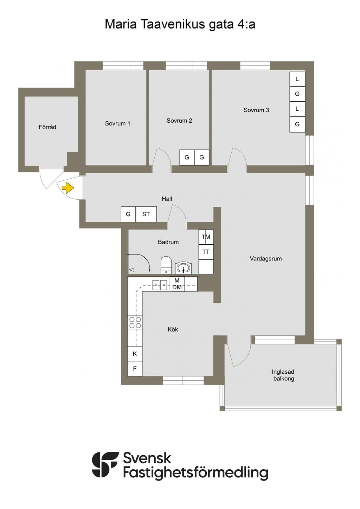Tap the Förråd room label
(x=47, y=127)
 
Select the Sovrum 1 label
(x=117, y=123)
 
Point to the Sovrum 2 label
(x=179, y=121)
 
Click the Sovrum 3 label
(x=256, y=110)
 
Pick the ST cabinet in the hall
(x=146, y=214)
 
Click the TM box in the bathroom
(x=206, y=237)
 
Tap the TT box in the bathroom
(x=206, y=252)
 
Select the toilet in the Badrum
(x=166, y=265)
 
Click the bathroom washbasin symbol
(x=183, y=268)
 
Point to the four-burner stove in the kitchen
(x=135, y=323)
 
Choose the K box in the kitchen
(x=135, y=354)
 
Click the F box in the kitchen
(x=135, y=369)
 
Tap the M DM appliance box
(x=177, y=284)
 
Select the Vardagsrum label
(x=266, y=258)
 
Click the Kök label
(x=173, y=329)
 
